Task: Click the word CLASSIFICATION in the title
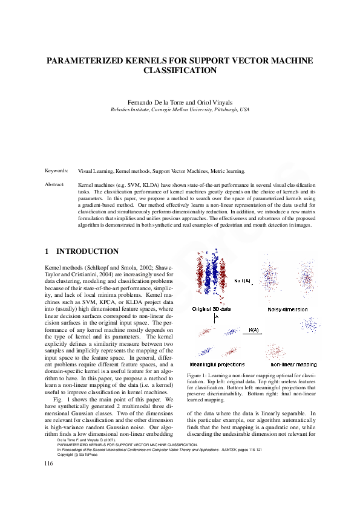pyautogui.click(x=180, y=71)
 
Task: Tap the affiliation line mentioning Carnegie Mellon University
pyautogui.click(x=180, y=110)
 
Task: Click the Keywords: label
pyautogui.click(x=57, y=172)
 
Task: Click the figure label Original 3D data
pyautogui.click(x=212, y=308)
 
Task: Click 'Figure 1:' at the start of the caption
pyautogui.click(x=197, y=376)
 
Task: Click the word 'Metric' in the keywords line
pyautogui.click(x=225, y=172)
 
